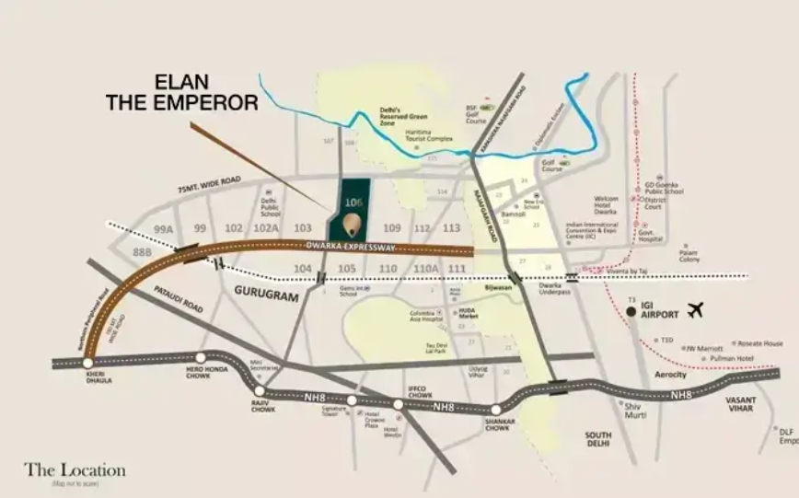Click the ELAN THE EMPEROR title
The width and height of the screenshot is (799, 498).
pos(181,92)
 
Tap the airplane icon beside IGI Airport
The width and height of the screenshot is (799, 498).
pos(694,309)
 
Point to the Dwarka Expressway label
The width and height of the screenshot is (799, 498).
pos(350,247)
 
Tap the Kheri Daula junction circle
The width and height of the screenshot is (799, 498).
pos(87,364)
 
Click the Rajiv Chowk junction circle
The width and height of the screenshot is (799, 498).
pos(260,390)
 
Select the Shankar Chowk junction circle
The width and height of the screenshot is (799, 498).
pos(496,410)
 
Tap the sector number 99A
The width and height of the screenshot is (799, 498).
pos(164,228)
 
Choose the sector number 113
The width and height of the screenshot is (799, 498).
pos(451,228)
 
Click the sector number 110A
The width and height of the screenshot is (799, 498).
pos(425,268)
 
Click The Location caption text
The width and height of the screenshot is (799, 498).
pos(75,470)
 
